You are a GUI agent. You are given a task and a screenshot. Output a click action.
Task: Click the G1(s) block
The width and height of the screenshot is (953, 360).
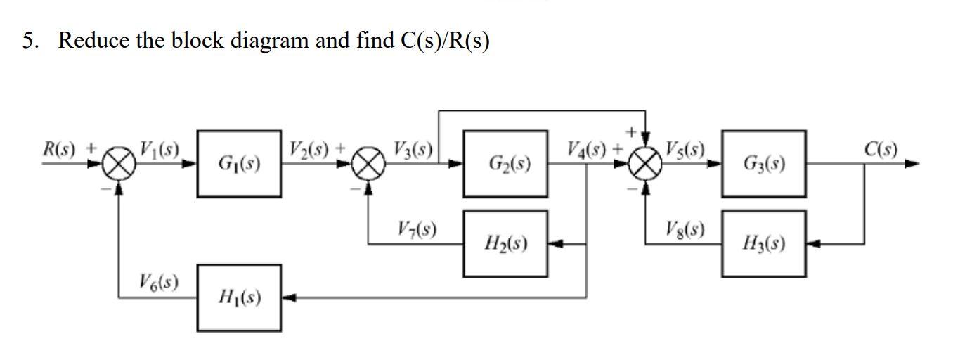(x=239, y=164)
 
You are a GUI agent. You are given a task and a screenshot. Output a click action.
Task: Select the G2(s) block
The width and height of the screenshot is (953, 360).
(x=505, y=164)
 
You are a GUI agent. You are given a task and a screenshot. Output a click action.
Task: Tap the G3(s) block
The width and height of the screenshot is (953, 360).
(x=763, y=164)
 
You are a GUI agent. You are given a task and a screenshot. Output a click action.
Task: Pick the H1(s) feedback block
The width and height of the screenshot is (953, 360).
(x=239, y=298)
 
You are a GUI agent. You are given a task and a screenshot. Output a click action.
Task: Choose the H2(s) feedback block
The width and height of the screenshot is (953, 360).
(x=505, y=243)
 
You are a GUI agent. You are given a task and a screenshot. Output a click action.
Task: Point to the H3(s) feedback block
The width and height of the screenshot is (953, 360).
(x=763, y=243)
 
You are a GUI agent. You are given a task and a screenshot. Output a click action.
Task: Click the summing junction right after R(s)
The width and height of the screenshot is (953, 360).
(x=119, y=165)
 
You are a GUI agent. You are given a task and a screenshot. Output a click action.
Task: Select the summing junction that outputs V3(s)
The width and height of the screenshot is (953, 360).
(x=368, y=165)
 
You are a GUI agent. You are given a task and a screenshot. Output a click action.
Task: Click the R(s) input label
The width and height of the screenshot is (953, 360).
(x=60, y=149)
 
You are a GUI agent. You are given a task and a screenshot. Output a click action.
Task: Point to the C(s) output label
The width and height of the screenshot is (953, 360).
(x=880, y=149)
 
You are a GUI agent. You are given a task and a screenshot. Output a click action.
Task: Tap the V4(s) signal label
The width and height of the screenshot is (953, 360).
(x=588, y=149)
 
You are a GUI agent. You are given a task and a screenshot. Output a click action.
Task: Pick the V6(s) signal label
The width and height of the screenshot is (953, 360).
(x=158, y=282)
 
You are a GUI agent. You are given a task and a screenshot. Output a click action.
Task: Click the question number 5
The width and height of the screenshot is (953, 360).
(x=29, y=41)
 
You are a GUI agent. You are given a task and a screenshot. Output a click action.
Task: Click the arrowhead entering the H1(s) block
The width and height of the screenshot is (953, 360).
(x=288, y=298)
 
